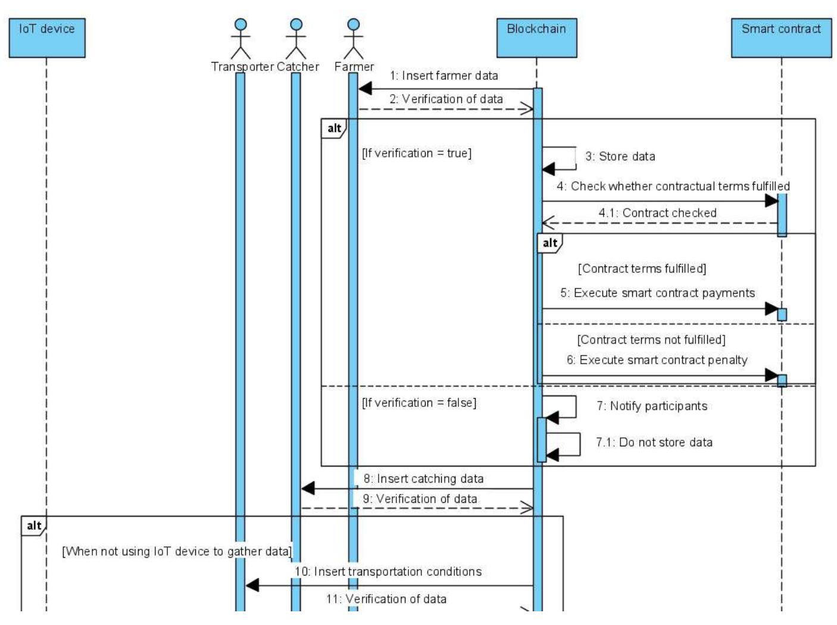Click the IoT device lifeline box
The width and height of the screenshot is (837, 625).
pos(47,38)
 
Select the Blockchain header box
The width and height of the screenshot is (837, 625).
pos(536,38)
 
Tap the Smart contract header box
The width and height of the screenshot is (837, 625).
pos(780,38)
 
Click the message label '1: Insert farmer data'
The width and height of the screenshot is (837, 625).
pos(444,76)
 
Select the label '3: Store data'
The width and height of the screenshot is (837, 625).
pos(620,156)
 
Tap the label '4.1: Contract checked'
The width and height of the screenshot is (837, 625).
pos(657,213)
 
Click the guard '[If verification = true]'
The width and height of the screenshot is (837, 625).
pos(416,153)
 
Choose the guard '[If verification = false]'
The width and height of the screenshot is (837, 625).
pos(419,403)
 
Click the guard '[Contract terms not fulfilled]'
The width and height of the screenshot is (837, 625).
pos(651,340)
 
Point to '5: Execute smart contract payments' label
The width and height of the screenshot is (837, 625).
pos(657,293)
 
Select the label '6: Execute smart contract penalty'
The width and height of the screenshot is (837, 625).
pos(657,360)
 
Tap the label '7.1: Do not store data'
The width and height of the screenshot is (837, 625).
pos(654,442)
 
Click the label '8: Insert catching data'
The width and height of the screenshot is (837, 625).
pos(423,478)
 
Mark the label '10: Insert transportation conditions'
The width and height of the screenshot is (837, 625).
pos(388,571)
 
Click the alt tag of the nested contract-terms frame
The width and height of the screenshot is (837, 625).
pos(549,242)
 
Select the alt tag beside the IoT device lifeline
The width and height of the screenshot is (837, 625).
pos(34,525)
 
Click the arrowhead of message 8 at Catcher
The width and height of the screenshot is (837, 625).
pos(308,489)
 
